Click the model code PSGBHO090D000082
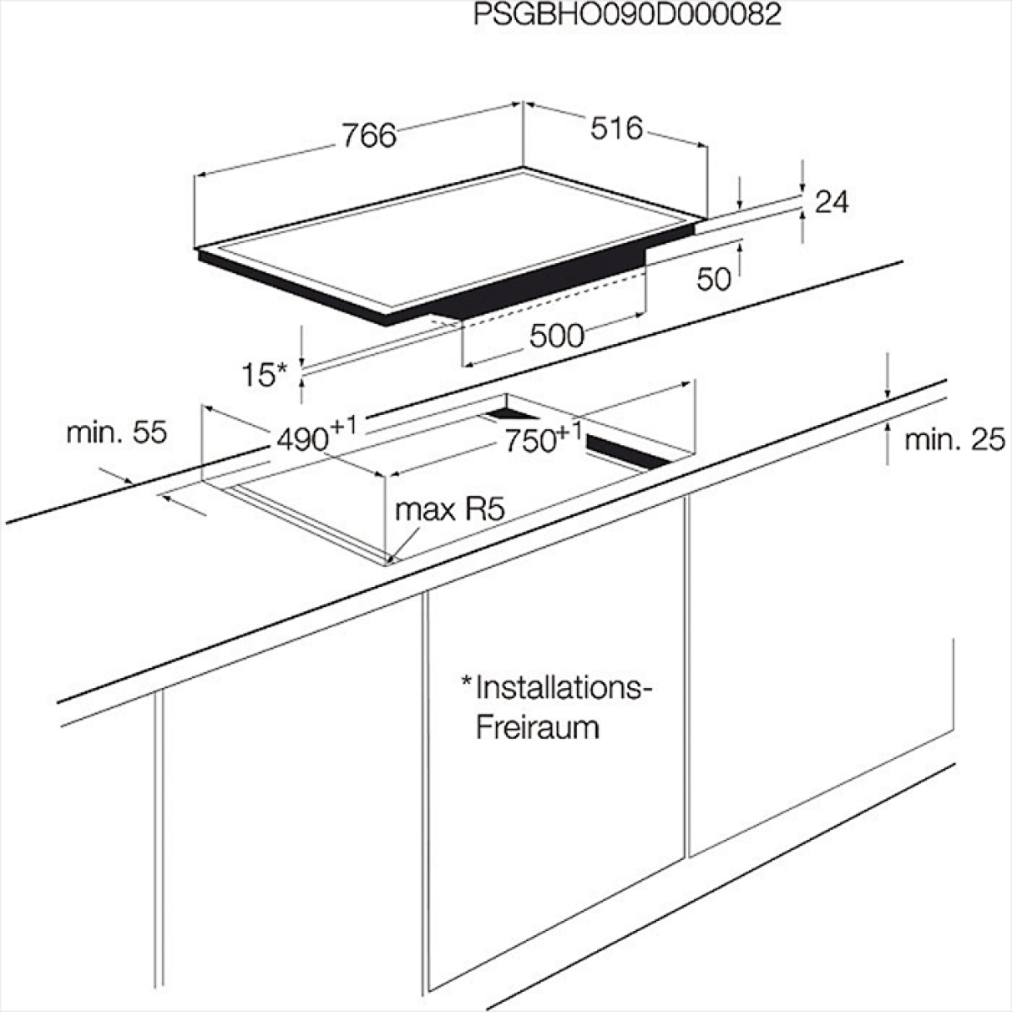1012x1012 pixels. click(627, 14)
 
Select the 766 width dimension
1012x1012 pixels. click(369, 136)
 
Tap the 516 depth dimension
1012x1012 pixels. click(616, 129)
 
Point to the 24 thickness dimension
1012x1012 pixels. click(832, 202)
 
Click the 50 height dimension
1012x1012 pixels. click(713, 279)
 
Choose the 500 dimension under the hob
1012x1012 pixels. click(557, 336)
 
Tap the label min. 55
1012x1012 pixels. click(116, 433)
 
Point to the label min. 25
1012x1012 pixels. click(955, 440)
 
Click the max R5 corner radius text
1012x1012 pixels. click(449, 509)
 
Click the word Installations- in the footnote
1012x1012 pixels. click(560, 688)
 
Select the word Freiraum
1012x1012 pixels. click(537, 728)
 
